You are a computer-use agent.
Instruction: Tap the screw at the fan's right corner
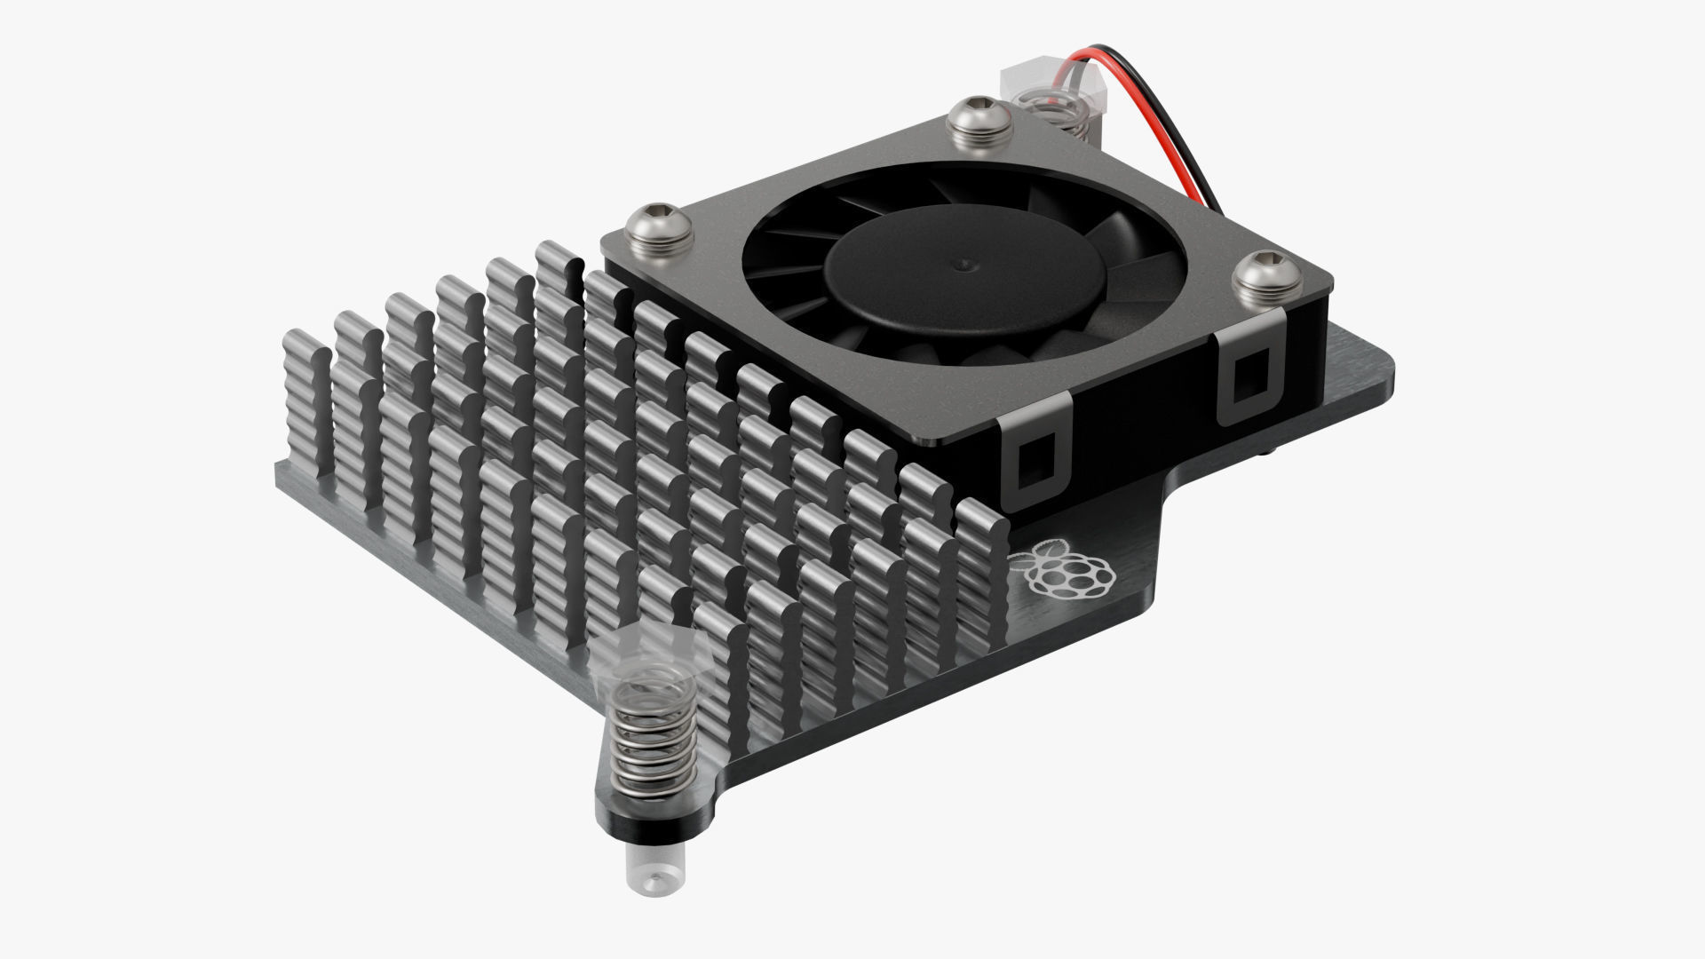pos(1268,276)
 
